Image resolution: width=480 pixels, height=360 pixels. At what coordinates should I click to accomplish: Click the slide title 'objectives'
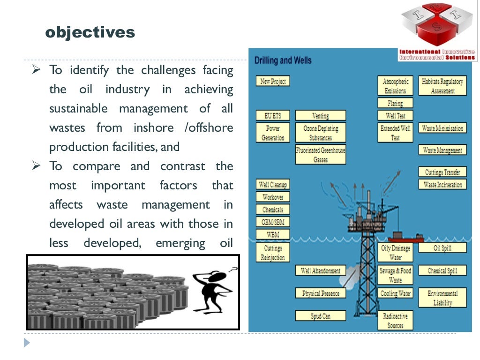90,33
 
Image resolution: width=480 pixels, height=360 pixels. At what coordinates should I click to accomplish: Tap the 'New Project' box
273,81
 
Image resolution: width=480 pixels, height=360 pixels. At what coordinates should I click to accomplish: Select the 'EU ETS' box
273,115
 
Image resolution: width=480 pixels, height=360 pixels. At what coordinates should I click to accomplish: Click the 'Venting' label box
321,115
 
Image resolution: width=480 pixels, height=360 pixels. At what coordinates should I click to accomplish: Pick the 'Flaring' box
395,103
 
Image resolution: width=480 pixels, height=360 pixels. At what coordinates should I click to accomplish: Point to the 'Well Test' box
395,115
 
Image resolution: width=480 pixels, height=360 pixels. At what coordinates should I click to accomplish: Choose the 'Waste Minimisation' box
442,128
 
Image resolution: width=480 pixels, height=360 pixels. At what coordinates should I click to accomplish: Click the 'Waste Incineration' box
442,184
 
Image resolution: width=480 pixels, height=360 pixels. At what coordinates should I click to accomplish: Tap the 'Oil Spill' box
442,248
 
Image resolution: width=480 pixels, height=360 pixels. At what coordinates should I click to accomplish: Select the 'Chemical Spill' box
442,270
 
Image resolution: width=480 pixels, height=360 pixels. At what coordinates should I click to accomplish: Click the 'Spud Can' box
321,316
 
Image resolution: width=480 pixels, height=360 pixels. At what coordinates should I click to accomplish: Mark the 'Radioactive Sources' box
395,320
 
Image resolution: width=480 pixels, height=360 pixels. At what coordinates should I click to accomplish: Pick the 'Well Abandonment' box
321,270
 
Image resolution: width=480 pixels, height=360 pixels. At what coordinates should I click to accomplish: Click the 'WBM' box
273,234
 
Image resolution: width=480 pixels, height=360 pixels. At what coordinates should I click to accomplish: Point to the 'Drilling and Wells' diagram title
283,60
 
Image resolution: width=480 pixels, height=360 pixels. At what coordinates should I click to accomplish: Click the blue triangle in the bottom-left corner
27,343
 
